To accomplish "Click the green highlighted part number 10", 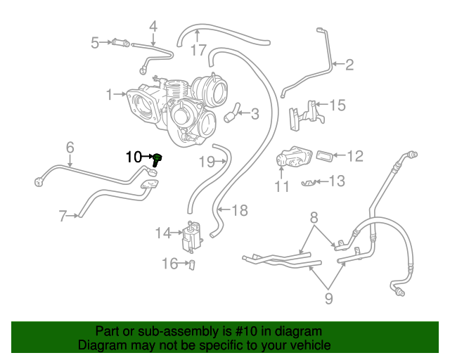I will tap(157, 159).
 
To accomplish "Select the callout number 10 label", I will tap(134, 157).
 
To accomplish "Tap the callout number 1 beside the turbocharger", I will tap(109, 94).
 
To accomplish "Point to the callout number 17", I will tap(198, 51).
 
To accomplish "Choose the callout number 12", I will tap(355, 155).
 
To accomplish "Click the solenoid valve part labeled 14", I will tap(190, 237).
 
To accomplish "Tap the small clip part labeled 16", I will tap(190, 264).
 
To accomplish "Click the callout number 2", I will tap(349, 65).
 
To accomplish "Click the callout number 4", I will tap(153, 27).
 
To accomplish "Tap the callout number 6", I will tap(70, 147).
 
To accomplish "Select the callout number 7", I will tap(63, 216).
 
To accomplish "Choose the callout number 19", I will tap(205, 162).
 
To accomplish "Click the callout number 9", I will tap(329, 298).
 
